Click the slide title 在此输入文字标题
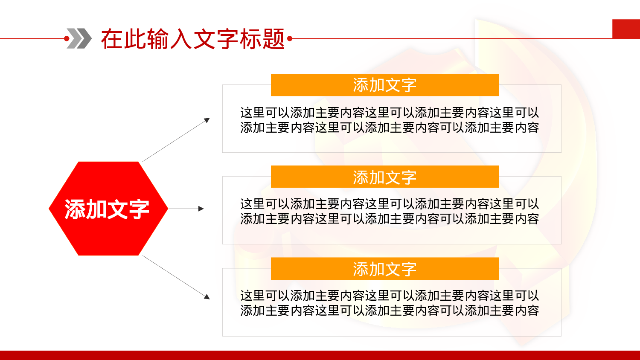pos(193,39)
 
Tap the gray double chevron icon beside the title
pos(79,38)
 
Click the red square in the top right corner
pos(626,29)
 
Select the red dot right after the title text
pos(290,39)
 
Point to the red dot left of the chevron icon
pos(67,38)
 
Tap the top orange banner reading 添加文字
pos(384,85)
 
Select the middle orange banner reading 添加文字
pos(384,177)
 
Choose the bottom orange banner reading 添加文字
pos(384,269)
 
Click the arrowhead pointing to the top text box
pos(207,120)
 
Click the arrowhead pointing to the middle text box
pos(201,209)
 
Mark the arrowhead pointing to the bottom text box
pos(207,296)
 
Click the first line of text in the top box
pos(389,113)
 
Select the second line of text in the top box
pos(389,128)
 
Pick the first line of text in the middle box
pos(389,204)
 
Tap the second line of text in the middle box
pos(389,219)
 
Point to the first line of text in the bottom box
pos(389,296)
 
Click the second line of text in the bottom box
pos(389,311)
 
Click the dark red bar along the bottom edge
pos(320,355)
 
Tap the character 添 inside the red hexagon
pos(75,209)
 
